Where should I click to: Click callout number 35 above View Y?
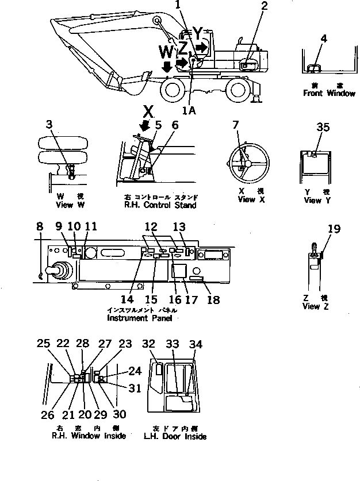[x=323, y=128]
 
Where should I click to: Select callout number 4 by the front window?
[x=324, y=39]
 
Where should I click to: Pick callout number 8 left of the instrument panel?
[x=39, y=228]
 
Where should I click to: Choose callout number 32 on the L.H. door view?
[x=149, y=344]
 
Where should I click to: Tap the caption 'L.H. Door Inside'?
[x=175, y=436]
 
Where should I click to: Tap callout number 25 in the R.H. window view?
[x=43, y=344]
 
